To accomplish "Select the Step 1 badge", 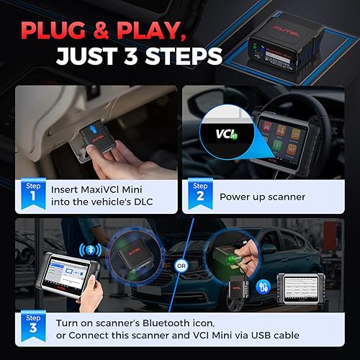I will [30, 190].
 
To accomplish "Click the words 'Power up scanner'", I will [264, 197].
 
